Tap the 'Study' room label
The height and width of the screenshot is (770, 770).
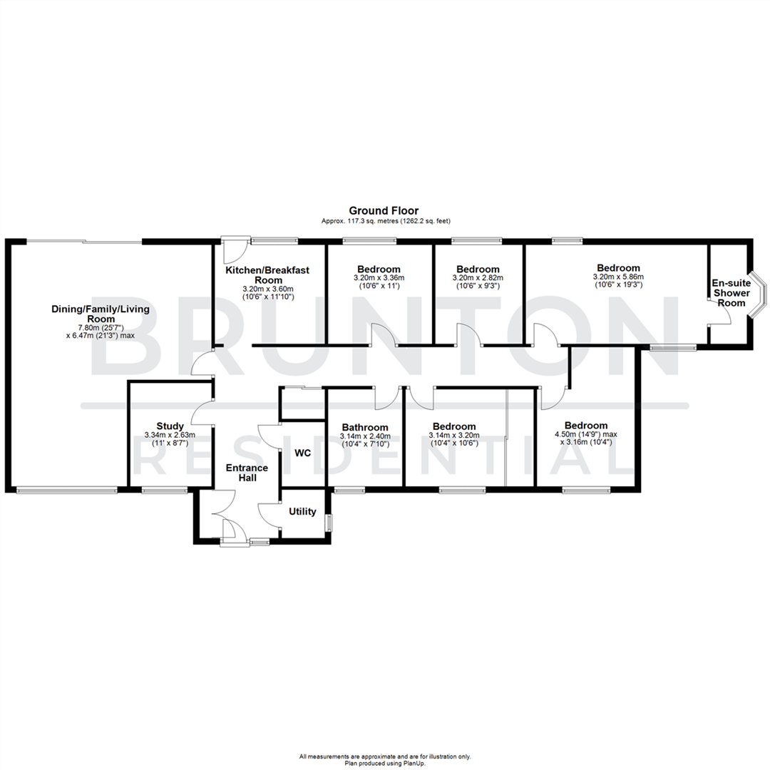pos(170,426)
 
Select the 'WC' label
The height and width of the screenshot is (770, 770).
pos(302,452)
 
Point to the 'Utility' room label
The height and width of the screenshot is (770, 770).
pos(302,512)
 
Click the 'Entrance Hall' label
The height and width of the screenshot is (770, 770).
pos(247,473)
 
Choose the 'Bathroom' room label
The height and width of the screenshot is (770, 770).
pos(364,427)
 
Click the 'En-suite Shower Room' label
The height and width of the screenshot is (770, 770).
pos(731,293)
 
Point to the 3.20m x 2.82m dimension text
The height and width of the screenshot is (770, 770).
pos(478,278)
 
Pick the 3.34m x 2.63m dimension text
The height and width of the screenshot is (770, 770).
pos(170,435)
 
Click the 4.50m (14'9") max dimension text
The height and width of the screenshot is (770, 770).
pos(586,435)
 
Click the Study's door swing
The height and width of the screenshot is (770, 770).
pos(202,412)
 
